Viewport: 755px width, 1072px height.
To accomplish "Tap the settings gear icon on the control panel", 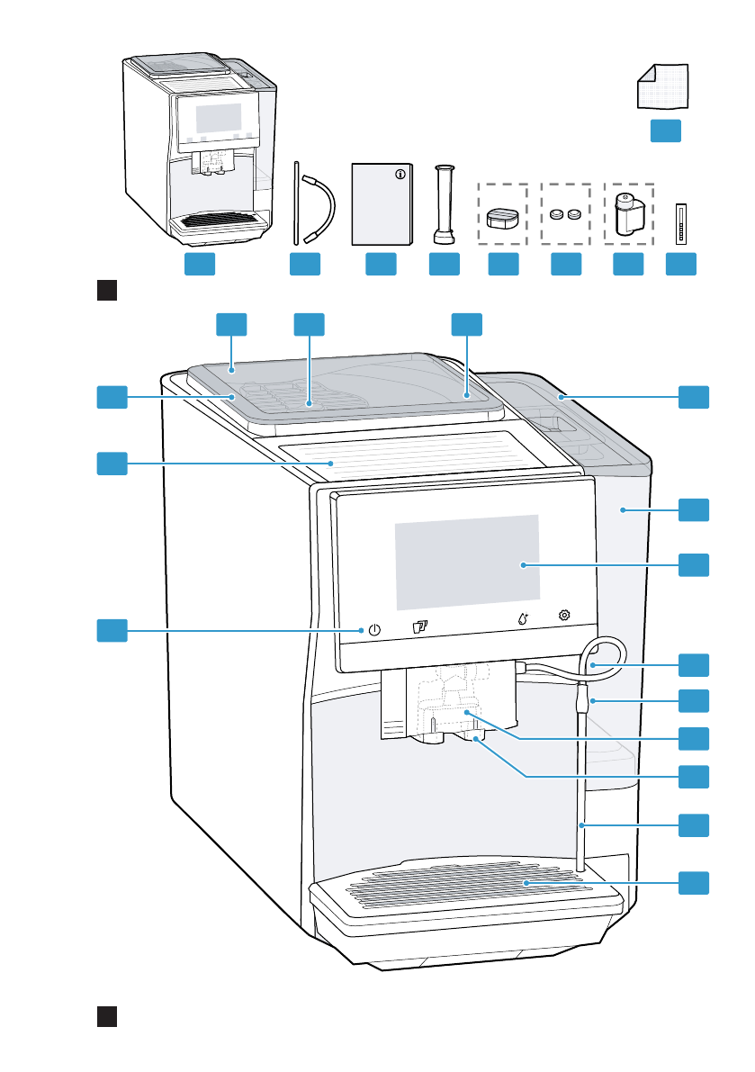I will (x=565, y=616).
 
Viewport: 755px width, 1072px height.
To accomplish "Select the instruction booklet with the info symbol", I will (x=382, y=204).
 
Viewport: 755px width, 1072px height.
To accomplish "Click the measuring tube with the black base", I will (x=443, y=204).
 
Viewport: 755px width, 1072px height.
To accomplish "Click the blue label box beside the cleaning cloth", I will (x=666, y=131).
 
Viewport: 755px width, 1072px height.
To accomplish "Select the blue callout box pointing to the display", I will (x=693, y=565).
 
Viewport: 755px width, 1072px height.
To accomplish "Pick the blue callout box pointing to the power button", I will (x=112, y=630).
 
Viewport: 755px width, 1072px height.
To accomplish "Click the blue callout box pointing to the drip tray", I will (x=693, y=883).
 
